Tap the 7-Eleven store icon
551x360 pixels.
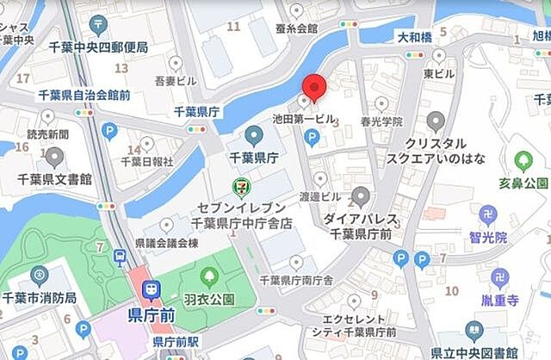point(242,186)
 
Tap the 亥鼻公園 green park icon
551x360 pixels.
point(522,160)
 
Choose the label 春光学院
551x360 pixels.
point(383,122)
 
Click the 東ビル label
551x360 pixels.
point(438,74)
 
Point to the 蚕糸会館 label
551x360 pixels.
point(296,28)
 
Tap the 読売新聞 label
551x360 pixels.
point(47,134)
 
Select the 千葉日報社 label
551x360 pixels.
point(147,160)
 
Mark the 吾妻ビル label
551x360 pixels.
point(176,80)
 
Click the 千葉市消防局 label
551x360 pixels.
point(40,297)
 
